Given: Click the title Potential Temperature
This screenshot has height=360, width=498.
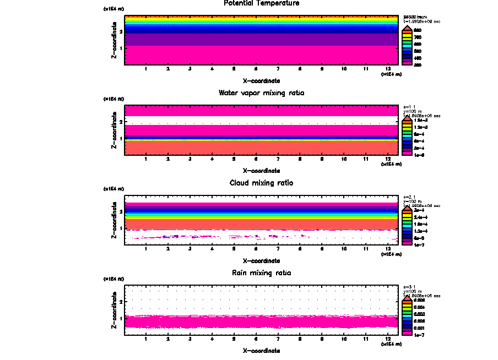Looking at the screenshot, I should (x=262, y=3).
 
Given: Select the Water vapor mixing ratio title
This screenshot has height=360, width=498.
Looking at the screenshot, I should (x=262, y=93).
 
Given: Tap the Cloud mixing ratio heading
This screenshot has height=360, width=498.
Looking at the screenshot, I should (x=262, y=183).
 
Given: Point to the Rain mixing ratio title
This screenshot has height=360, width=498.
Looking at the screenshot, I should (x=262, y=273).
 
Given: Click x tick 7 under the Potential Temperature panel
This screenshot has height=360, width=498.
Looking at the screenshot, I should (x=278, y=69).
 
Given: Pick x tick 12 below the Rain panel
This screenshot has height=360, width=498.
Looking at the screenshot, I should (x=388, y=339).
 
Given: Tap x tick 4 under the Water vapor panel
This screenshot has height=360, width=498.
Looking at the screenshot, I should (x=212, y=159).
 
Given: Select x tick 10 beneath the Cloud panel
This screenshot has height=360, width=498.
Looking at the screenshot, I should (x=344, y=249).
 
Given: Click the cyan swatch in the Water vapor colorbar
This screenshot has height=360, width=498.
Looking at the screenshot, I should (x=407, y=134).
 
